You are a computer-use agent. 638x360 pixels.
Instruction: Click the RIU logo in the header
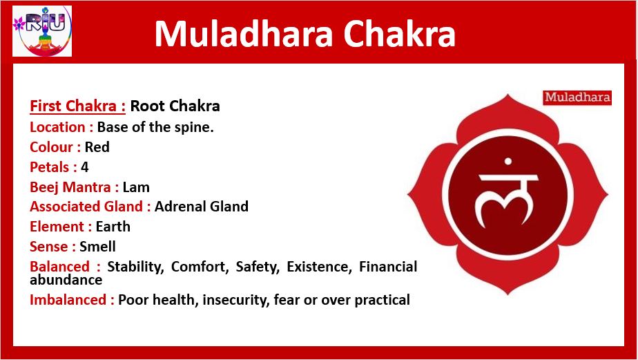point(42,31)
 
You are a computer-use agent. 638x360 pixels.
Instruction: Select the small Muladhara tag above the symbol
point(577,97)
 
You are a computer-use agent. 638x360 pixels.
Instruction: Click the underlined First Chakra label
point(78,106)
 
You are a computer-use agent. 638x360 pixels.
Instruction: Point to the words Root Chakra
point(175,106)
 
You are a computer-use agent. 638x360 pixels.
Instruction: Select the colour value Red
point(97,147)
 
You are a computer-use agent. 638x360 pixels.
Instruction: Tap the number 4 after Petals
point(85,167)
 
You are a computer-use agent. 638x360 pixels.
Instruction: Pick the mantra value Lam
point(136,187)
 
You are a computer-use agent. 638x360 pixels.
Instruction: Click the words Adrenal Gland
point(202,207)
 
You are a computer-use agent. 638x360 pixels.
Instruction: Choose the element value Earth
point(113,227)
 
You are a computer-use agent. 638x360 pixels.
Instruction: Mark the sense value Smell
point(97,247)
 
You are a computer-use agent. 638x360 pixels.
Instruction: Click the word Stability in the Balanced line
point(135,267)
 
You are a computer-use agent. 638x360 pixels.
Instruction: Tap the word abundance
point(66,280)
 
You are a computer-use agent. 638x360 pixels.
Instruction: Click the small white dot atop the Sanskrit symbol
point(507,161)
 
